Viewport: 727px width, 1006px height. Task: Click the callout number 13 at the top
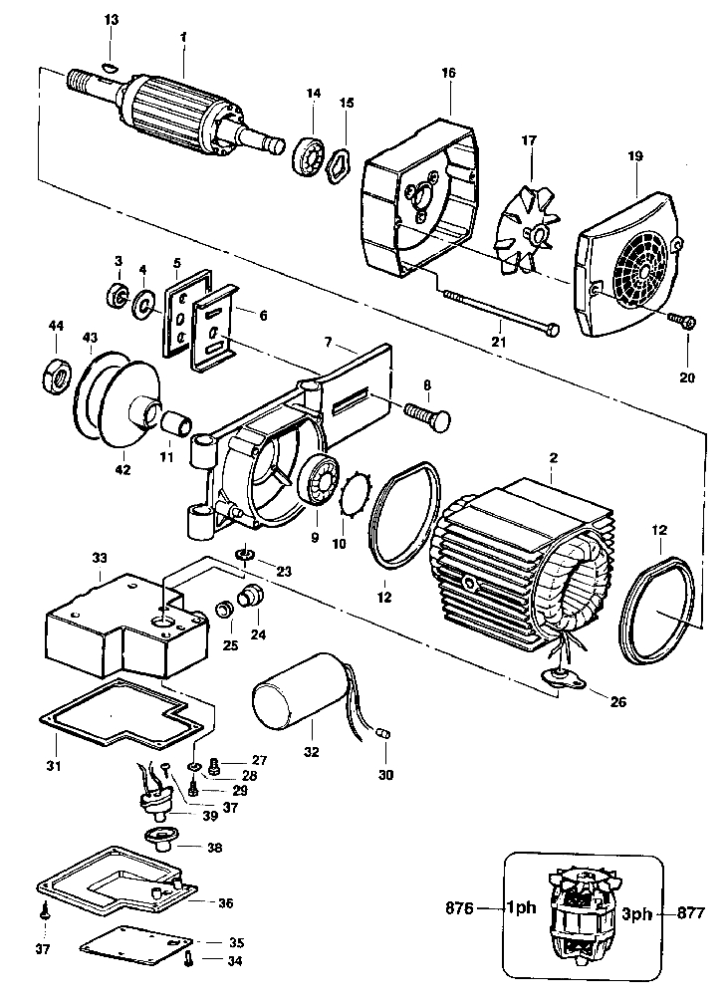[111, 20]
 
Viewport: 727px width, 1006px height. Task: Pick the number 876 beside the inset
[459, 909]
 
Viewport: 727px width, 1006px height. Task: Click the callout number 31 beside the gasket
[54, 766]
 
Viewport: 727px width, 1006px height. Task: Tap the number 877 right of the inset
[693, 910]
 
